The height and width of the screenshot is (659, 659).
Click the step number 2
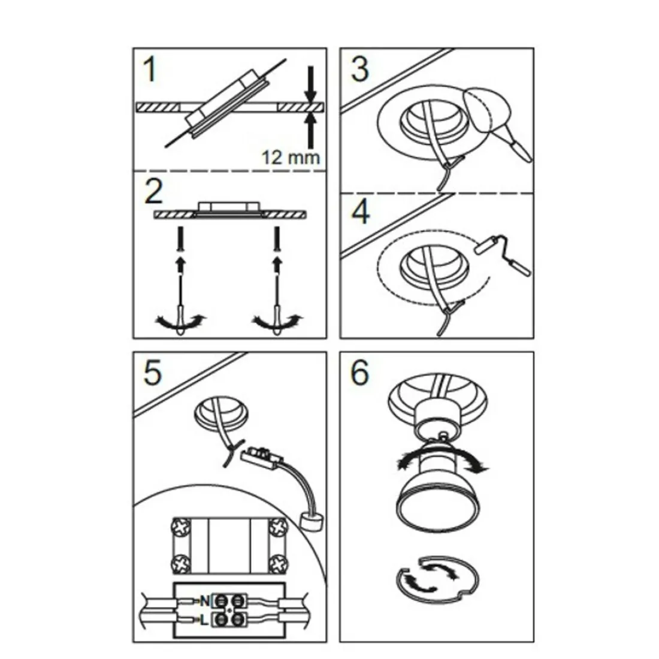click(x=153, y=192)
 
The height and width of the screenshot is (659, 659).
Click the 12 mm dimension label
click(x=291, y=158)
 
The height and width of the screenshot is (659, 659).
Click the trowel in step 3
click(x=494, y=123)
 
